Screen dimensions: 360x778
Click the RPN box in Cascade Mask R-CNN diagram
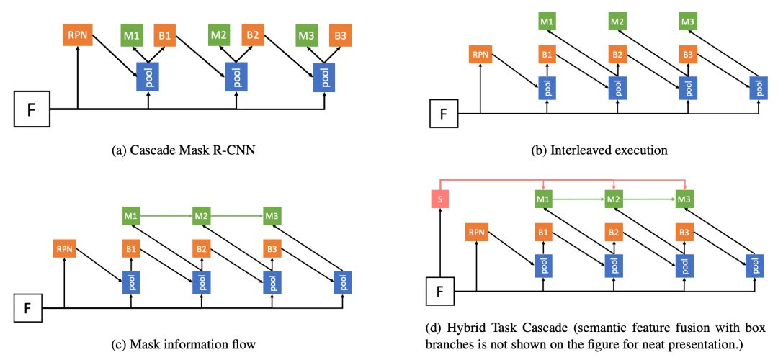pos(76,35)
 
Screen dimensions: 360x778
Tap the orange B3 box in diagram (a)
pos(340,35)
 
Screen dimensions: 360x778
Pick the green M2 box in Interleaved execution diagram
pos(617,22)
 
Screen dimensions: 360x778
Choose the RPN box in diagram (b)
pos(480,54)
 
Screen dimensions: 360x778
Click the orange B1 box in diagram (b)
pos(548,54)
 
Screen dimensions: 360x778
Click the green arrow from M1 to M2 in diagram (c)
pos(167,215)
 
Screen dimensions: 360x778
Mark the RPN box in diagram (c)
pos(65,249)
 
